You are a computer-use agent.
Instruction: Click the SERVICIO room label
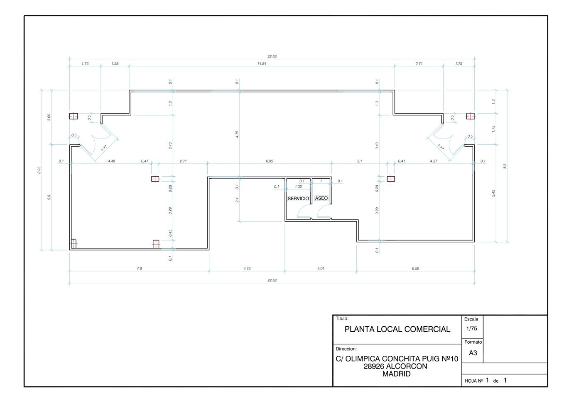(298, 199)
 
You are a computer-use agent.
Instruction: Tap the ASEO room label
(321, 198)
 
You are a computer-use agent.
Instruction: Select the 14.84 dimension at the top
(262, 63)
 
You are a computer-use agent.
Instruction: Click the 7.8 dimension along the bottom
(139, 268)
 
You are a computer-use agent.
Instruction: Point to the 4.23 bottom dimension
(247, 268)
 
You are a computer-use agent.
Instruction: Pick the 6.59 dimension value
(415, 268)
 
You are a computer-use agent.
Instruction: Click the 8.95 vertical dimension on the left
(39, 170)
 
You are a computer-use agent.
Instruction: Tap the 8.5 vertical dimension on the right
(504, 166)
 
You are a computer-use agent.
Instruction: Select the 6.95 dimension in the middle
(270, 161)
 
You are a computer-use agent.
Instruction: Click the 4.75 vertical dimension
(237, 134)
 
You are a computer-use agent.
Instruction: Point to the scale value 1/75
(472, 328)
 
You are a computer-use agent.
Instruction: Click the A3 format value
(473, 353)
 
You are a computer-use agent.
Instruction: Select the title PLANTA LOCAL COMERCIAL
(397, 329)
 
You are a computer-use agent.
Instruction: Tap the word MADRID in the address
(396, 374)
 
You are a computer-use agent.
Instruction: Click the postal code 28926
(374, 366)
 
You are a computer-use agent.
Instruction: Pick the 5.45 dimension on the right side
(493, 193)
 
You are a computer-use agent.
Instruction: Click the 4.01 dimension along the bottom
(321, 268)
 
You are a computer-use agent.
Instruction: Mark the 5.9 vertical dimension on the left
(49, 197)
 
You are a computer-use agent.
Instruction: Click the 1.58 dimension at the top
(115, 63)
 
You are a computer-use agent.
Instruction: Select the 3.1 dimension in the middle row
(360, 161)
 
